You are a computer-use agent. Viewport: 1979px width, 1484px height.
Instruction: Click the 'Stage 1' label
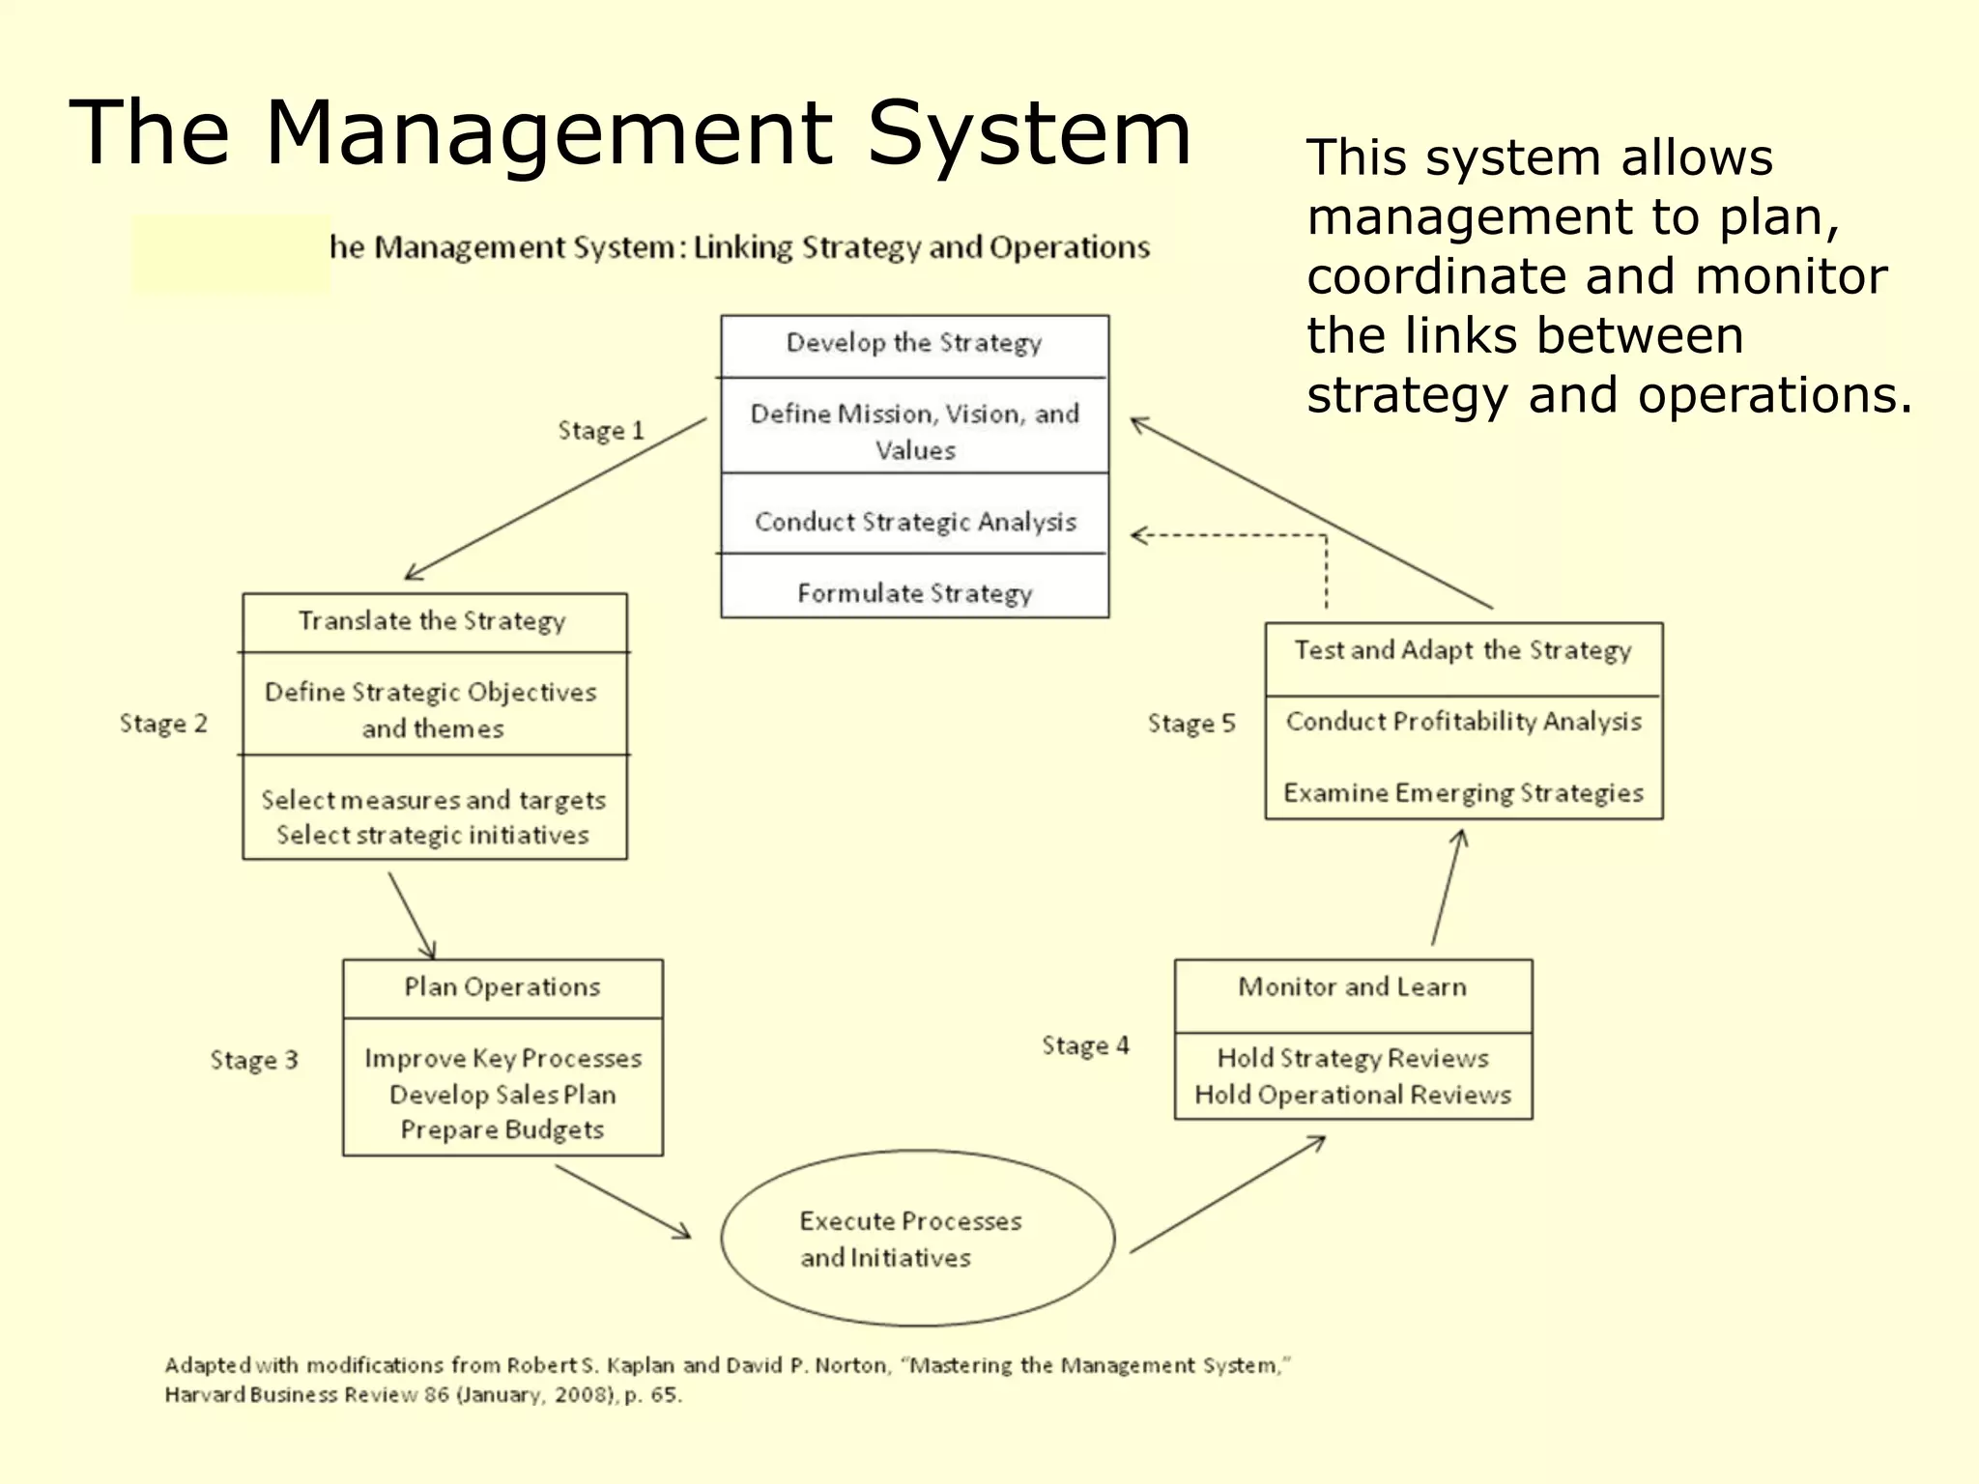pyautogui.click(x=600, y=430)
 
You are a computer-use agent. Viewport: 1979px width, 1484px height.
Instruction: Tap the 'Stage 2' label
pyautogui.click(x=163, y=724)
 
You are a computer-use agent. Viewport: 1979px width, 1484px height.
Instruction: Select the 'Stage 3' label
pyautogui.click(x=254, y=1060)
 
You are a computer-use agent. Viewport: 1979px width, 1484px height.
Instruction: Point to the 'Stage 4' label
pyautogui.click(x=1085, y=1045)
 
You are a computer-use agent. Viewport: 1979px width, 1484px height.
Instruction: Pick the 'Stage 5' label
pyautogui.click(x=1190, y=724)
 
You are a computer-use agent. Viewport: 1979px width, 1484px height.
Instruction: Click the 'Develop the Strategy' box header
pyautogui.click(x=914, y=343)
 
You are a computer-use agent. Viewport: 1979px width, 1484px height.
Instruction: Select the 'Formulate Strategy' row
pyautogui.click(x=914, y=592)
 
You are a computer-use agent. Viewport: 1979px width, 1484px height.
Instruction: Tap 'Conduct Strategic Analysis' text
pyautogui.click(x=914, y=522)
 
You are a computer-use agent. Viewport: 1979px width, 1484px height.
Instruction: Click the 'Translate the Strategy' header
pyautogui.click(x=432, y=620)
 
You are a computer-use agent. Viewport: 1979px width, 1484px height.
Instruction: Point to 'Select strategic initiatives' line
pyautogui.click(x=432, y=835)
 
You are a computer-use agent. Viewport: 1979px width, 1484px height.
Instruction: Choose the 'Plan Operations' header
pyautogui.click(x=502, y=986)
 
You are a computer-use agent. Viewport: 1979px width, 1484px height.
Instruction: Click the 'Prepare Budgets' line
pyautogui.click(x=502, y=1129)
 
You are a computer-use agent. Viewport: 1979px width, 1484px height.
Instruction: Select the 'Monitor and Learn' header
pyautogui.click(x=1352, y=986)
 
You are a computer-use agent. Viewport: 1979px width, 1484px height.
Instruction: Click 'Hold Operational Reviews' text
pyautogui.click(x=1352, y=1095)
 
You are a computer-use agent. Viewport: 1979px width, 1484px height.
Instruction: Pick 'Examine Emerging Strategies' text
pyautogui.click(x=1462, y=793)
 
